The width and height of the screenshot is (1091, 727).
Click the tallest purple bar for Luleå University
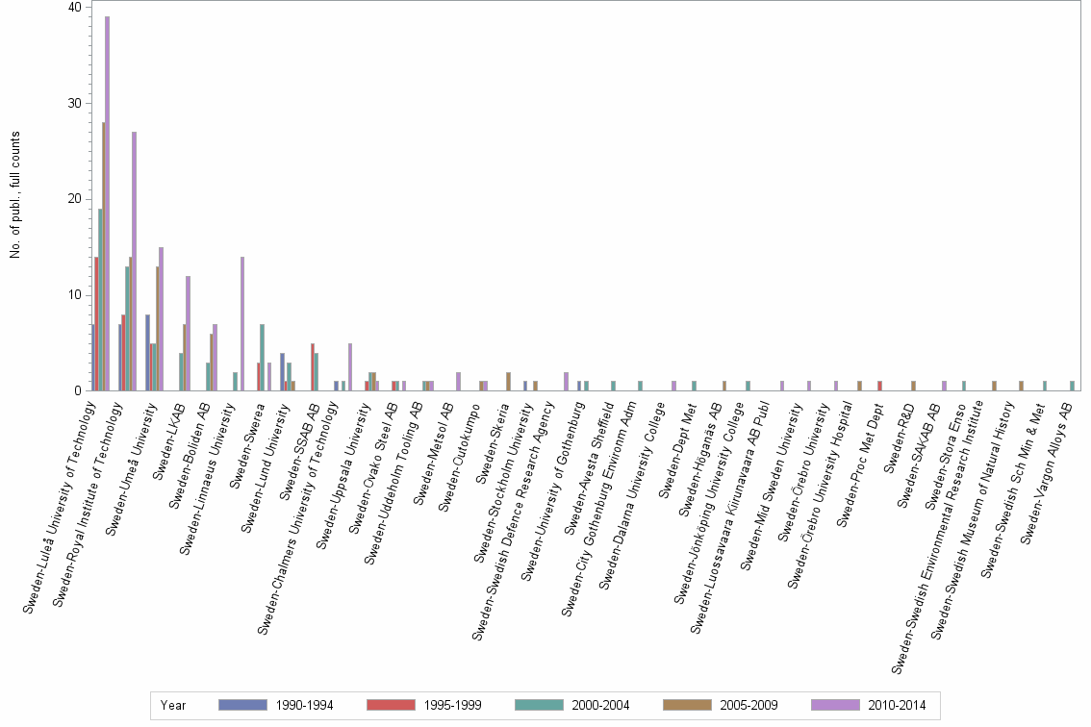click(107, 202)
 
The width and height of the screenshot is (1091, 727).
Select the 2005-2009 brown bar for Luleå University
click(103, 256)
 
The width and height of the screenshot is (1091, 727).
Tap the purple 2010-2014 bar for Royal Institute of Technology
click(134, 260)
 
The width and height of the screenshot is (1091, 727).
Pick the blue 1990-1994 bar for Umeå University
click(146, 352)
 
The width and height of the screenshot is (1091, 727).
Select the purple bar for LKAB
click(188, 333)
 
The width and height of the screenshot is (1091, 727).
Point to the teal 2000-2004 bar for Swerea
click(262, 357)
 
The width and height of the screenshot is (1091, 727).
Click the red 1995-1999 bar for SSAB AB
click(312, 366)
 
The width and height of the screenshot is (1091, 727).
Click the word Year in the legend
click(174, 705)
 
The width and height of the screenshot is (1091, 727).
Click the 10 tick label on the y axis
click(74, 295)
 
